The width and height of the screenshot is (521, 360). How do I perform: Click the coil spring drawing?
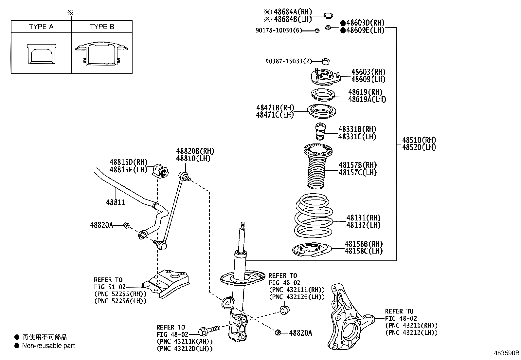pos(314,216)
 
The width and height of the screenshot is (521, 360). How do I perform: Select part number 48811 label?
pos(116,202)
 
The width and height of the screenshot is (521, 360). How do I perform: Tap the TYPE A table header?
pos(41,27)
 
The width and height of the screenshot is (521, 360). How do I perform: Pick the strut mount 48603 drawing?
pos(325,78)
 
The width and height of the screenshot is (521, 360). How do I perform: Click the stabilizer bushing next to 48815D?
pos(160,170)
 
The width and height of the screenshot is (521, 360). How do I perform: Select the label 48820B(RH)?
pos(195,151)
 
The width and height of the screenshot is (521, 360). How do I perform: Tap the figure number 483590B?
pos(506,353)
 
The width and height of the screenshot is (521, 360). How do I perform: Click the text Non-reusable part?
pos(48,346)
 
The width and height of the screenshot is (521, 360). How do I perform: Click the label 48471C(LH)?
pos(275,115)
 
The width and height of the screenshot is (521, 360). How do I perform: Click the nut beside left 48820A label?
pos(126,225)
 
